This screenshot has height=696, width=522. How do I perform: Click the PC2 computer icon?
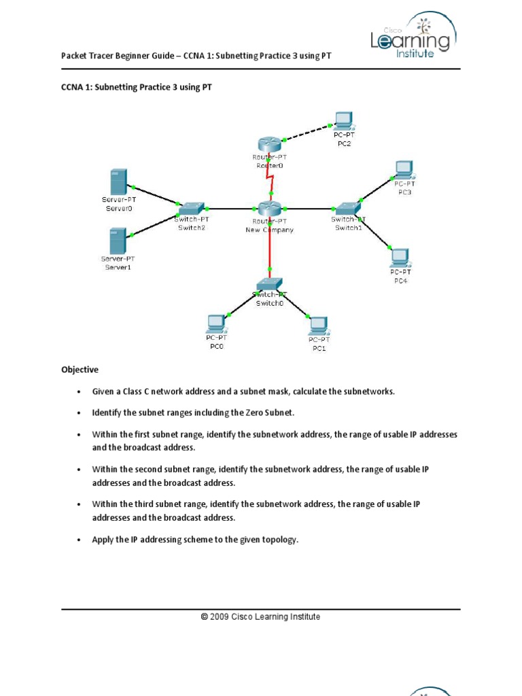coord(343,121)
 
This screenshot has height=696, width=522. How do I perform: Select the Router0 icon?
coord(269,144)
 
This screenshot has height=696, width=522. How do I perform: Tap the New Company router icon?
coord(269,209)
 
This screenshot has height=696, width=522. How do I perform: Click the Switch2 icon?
coord(192,208)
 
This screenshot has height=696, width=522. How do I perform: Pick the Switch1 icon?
coord(347,208)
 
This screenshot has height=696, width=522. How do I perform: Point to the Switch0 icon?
coord(270,284)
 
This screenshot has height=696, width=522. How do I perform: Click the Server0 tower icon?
coord(118,182)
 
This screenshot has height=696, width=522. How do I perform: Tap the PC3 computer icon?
coord(404,168)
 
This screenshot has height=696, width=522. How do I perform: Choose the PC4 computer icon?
coord(399,258)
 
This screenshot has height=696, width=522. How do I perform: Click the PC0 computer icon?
coord(217,322)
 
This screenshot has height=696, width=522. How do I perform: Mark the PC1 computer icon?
coord(318,326)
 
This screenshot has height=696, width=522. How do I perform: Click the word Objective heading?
coord(80,370)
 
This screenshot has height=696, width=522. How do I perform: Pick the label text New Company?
coord(269,230)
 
